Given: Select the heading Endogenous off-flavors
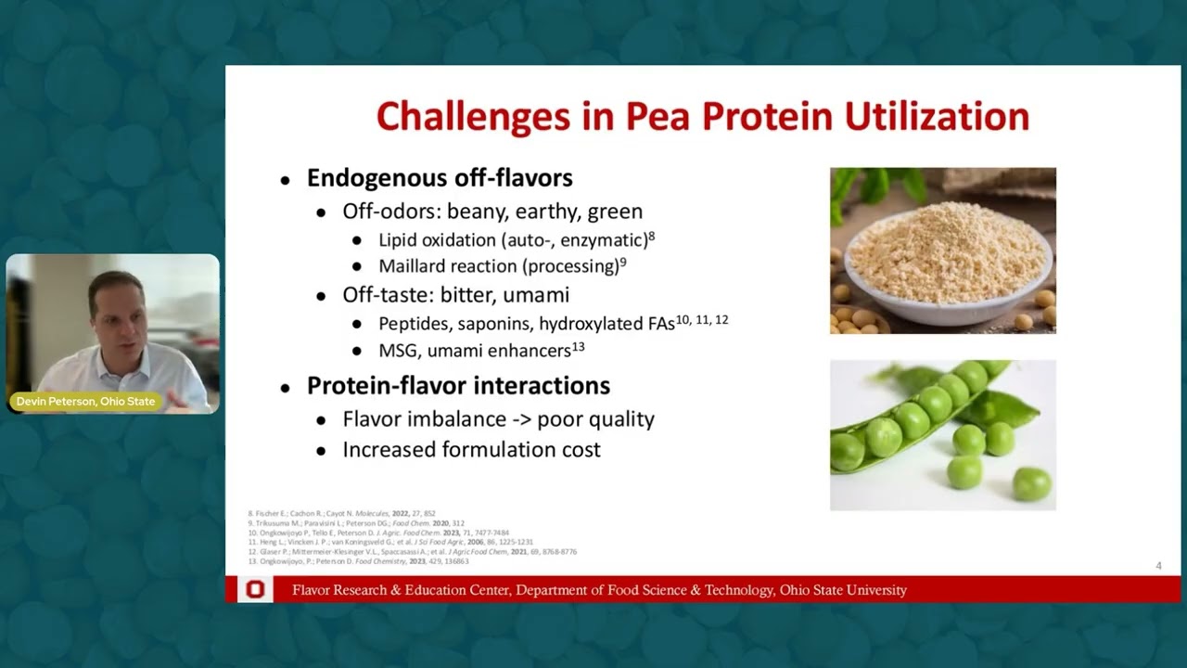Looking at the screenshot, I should (x=440, y=178).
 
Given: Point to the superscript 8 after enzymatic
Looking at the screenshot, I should (x=652, y=236).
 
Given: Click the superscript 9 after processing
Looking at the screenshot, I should (x=623, y=263).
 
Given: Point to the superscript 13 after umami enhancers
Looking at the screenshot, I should (x=578, y=347).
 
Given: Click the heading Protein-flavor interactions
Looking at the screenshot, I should (x=458, y=386).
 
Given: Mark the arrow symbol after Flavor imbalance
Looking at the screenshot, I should (x=522, y=419).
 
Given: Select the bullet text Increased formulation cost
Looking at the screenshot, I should (x=471, y=450).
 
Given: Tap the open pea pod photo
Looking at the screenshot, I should (x=942, y=434).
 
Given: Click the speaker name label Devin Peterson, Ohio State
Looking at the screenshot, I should (x=85, y=402).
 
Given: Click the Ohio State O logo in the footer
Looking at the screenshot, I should (x=254, y=590).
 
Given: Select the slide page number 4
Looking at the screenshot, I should (x=1158, y=566).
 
